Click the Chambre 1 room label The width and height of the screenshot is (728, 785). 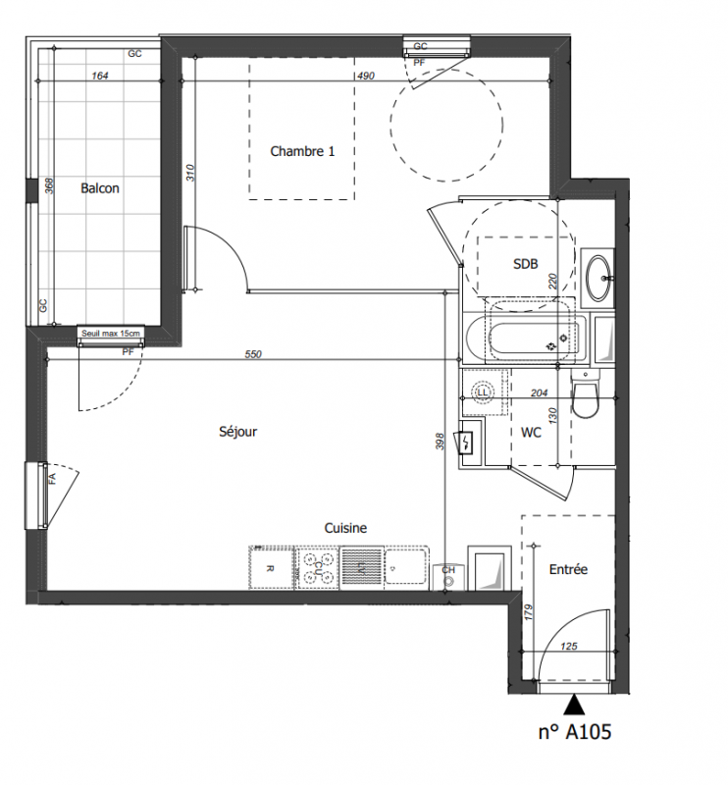pos(302,151)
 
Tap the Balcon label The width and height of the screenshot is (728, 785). pos(100,188)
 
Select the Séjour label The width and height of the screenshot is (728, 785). pos(237,431)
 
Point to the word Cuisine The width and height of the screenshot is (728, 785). pos(345,528)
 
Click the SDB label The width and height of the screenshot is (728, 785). pos(525,264)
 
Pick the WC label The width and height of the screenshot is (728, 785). pos(531,432)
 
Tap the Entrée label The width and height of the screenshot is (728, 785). pos(568,569)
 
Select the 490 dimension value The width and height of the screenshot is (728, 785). pos(366,76)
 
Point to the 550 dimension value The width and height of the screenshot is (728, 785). pos(253,354)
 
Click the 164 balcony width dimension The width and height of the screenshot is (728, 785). pos(100,76)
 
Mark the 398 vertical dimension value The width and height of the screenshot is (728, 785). pos(440,441)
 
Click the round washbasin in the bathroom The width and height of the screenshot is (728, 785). pos(598,278)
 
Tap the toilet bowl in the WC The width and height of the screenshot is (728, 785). pos(586,398)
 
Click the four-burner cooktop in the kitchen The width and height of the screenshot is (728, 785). pos(317,568)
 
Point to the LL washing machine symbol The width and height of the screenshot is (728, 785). pos(483,392)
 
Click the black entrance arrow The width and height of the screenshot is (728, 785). pos(574,704)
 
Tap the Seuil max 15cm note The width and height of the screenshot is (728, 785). pos(111,333)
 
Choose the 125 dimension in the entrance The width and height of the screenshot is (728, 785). pos(569,646)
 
